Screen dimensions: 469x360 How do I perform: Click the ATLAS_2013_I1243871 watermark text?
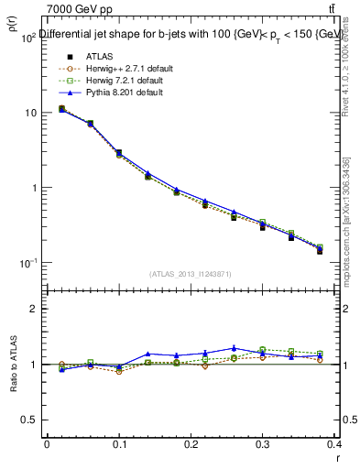tap(191, 274)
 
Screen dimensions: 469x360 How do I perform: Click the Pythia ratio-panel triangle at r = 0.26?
tap(234, 348)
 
